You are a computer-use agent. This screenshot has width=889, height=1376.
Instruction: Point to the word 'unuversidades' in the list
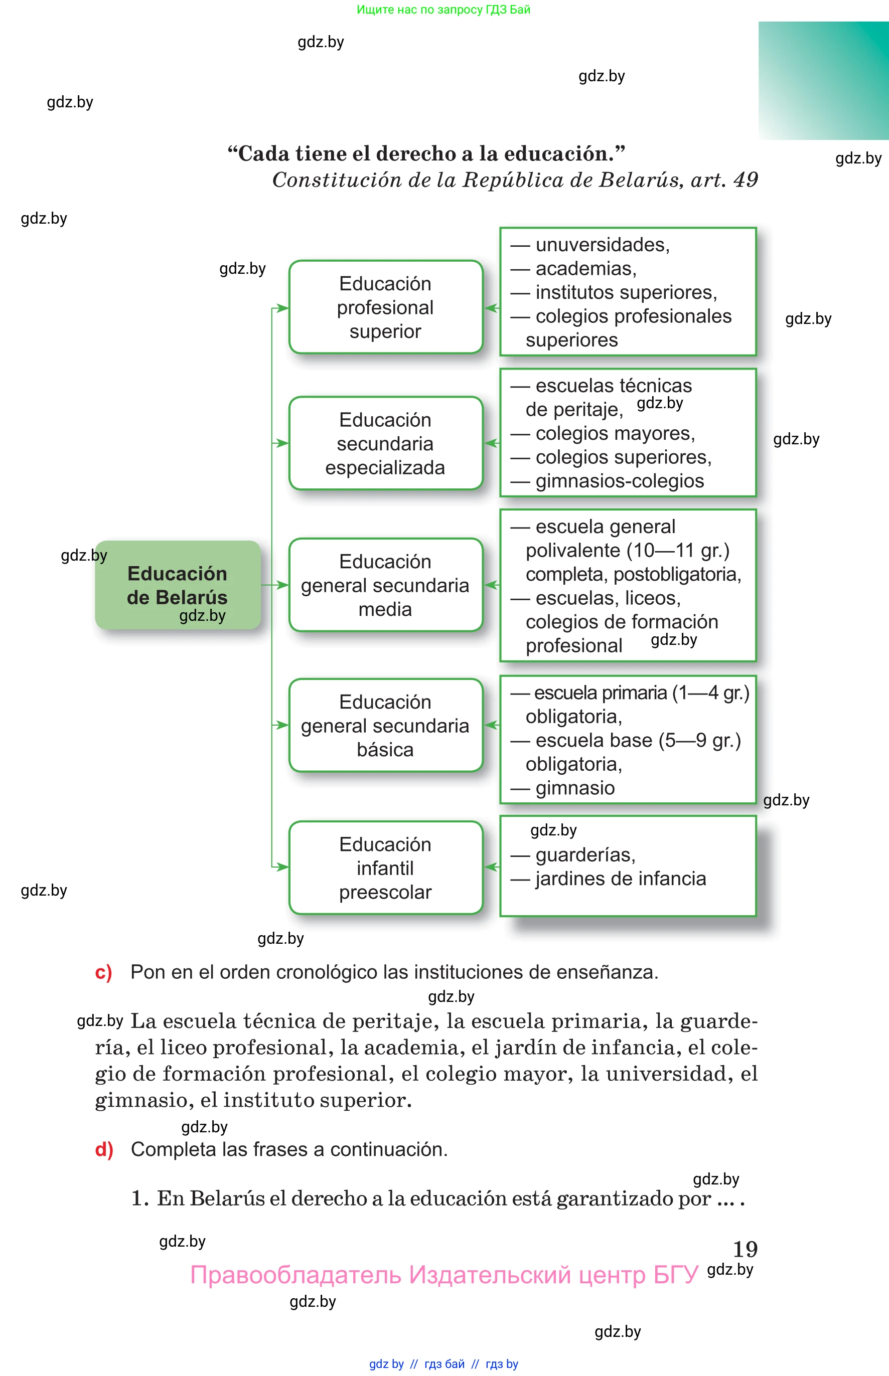click(x=601, y=245)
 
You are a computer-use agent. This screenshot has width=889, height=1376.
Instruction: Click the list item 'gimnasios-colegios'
click(x=620, y=480)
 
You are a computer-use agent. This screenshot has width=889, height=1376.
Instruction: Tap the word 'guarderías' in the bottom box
click(x=584, y=854)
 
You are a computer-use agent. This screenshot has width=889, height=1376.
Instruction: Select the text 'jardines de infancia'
click(x=620, y=878)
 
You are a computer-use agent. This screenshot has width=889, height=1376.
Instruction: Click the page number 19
click(x=745, y=1249)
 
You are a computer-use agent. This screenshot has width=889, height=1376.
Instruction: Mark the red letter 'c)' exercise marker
click(x=103, y=972)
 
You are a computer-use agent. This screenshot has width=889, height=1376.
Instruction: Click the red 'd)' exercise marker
click(x=104, y=1149)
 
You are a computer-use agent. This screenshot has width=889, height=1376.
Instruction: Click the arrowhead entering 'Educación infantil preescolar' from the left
click(x=282, y=867)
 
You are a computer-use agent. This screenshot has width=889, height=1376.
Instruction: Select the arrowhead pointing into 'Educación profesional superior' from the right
click(x=491, y=308)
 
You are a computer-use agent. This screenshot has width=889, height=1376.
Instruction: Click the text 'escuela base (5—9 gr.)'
click(x=637, y=740)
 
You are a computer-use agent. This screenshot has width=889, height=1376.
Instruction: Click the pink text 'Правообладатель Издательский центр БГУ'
click(x=444, y=1275)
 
